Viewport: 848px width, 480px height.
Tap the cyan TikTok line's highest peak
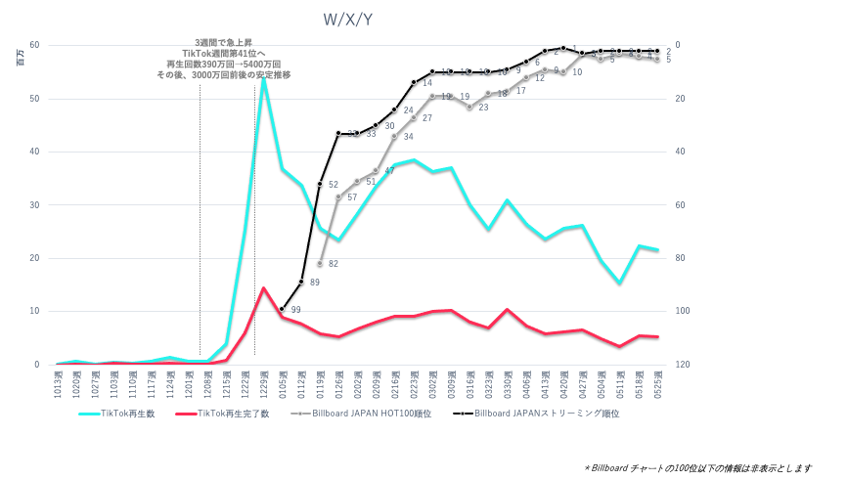point(263,76)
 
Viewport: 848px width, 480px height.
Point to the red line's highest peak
point(263,287)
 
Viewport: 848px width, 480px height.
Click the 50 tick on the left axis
point(34,99)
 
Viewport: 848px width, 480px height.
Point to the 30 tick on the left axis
point(34,205)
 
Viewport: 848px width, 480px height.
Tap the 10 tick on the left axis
point(34,312)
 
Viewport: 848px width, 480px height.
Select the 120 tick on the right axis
point(682,365)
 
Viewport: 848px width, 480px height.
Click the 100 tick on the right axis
point(682,312)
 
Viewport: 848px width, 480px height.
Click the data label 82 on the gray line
point(334,264)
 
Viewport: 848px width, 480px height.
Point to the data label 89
point(315,283)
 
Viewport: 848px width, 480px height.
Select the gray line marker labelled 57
point(338,196)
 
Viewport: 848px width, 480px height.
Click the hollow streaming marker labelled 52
point(320,184)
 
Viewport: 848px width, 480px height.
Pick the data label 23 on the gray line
point(483,108)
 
